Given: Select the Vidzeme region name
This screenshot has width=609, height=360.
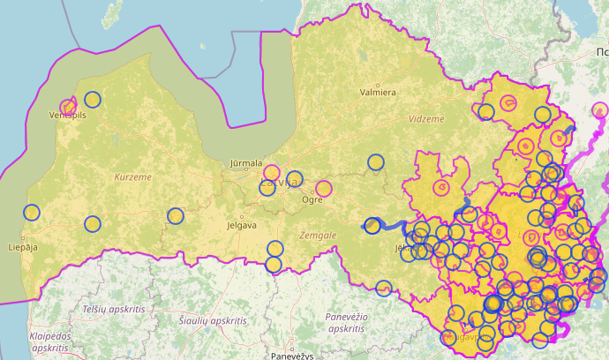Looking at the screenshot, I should pyautogui.click(x=426, y=118).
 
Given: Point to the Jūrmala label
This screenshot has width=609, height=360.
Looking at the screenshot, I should pyautogui.click(x=245, y=163).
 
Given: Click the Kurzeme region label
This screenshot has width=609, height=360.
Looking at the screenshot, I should pyautogui.click(x=133, y=177).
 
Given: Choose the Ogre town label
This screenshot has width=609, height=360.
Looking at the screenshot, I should pyautogui.click(x=312, y=199).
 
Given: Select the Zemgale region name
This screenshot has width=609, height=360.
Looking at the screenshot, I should pyautogui.click(x=318, y=236).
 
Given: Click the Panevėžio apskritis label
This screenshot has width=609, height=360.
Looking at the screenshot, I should pyautogui.click(x=345, y=322).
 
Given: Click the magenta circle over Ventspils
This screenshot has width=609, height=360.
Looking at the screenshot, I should pyautogui.click(x=68, y=107).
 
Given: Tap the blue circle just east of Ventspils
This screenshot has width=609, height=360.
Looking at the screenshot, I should pyautogui.click(x=93, y=99).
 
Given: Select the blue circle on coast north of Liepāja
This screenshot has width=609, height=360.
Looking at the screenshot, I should pyautogui.click(x=32, y=212).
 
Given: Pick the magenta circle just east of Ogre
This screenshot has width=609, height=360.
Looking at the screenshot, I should pyautogui.click(x=324, y=188).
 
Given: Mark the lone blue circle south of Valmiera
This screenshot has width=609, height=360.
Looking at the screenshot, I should pyautogui.click(x=376, y=161).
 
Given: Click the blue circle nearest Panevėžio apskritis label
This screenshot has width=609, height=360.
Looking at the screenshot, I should pyautogui.click(x=383, y=288).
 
